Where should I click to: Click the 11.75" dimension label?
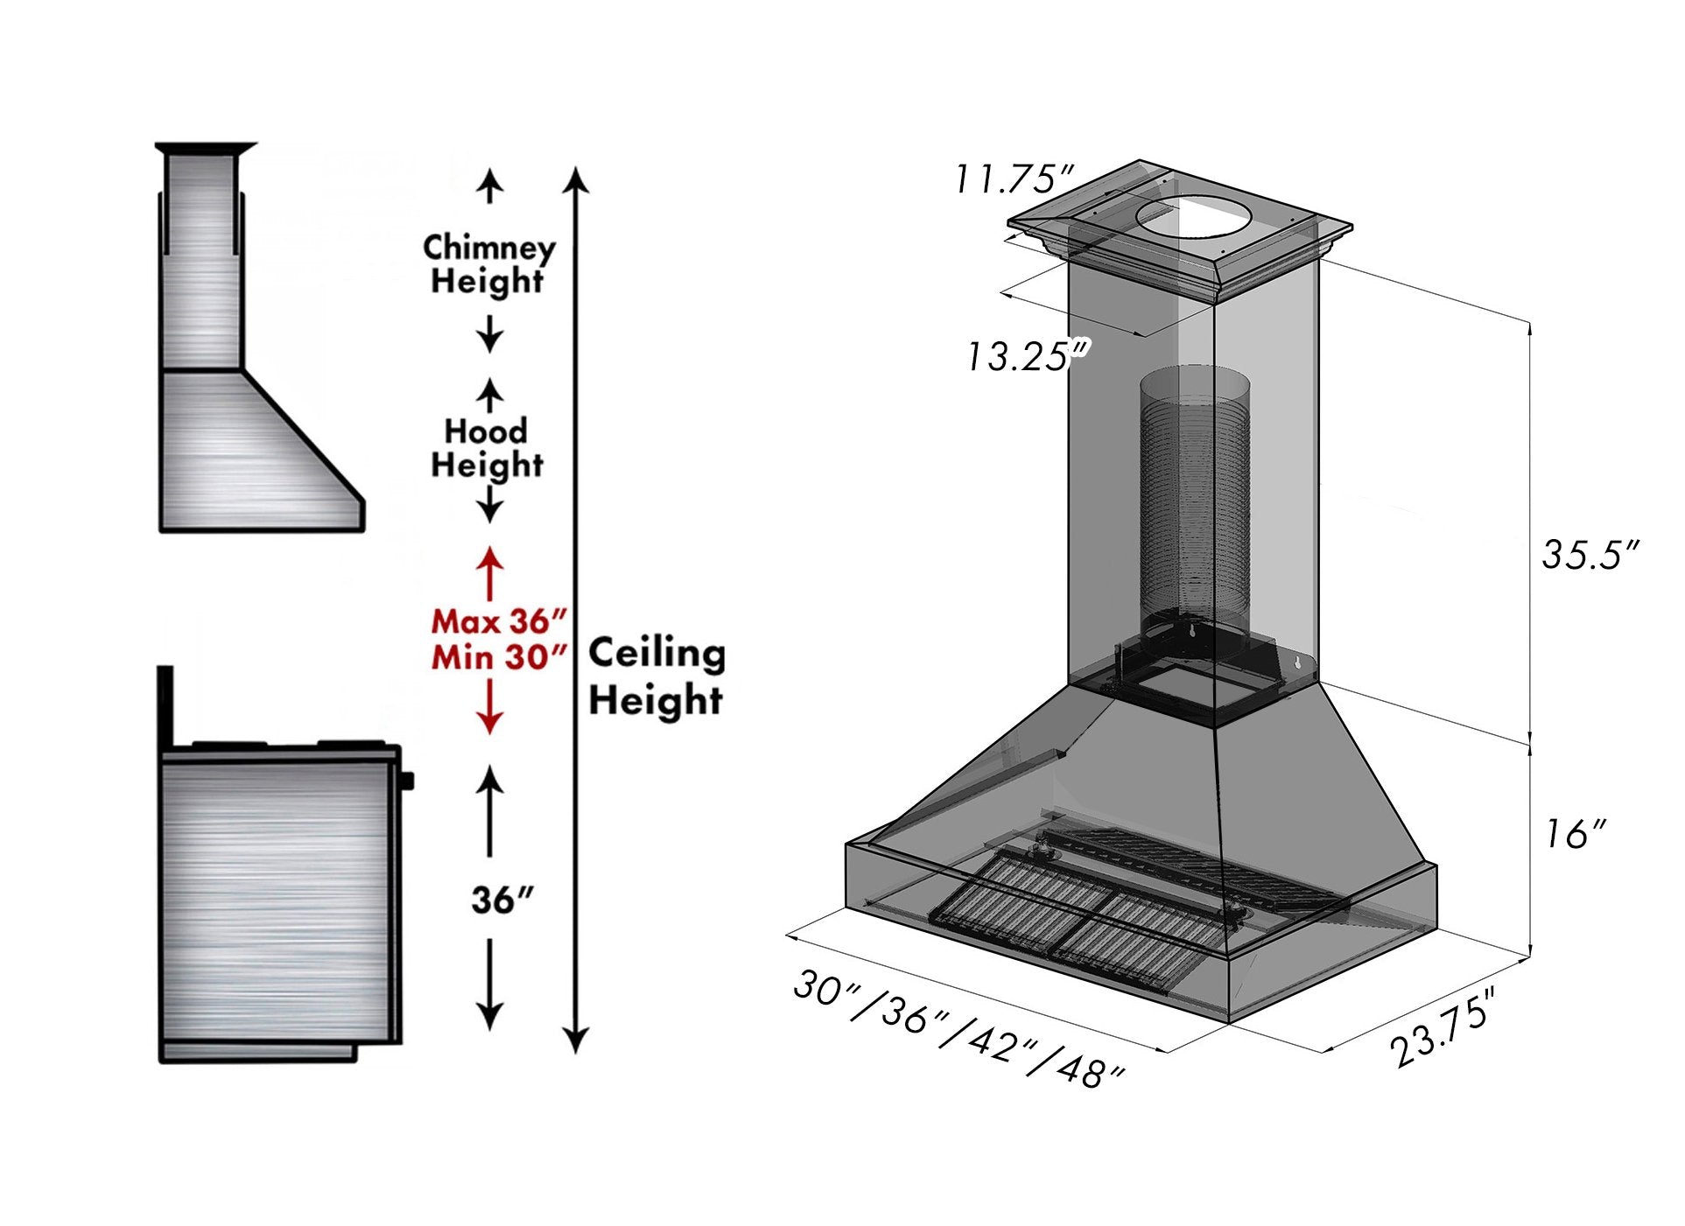[1013, 180]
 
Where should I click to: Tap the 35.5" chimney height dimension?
[1589, 555]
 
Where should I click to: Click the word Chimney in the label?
[489, 248]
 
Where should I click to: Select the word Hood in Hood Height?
[486, 431]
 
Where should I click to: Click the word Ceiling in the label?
[656, 654]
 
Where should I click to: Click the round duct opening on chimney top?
[1195, 217]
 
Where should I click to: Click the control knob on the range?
[406, 780]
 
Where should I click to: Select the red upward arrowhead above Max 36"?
[489, 557]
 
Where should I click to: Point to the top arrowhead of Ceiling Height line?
[575, 178]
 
